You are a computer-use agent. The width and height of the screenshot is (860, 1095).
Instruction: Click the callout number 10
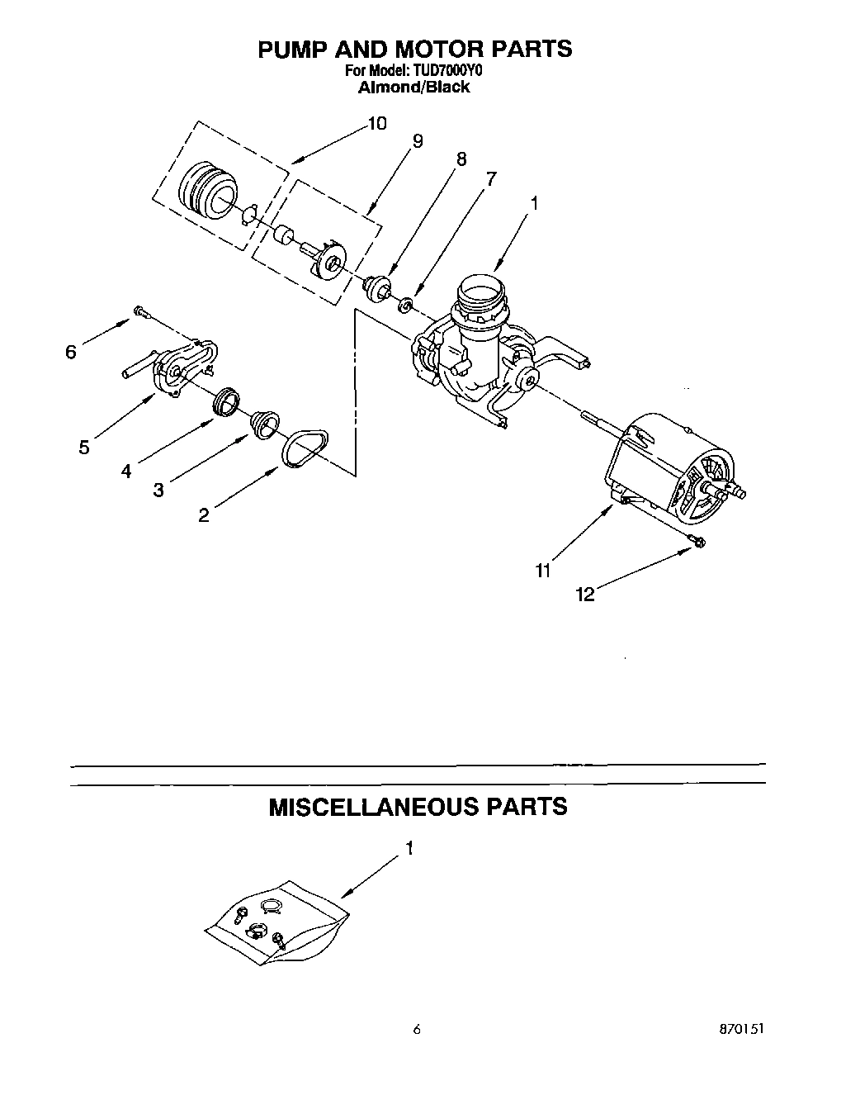coord(376,124)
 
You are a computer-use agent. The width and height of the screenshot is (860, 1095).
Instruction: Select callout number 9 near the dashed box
coord(417,141)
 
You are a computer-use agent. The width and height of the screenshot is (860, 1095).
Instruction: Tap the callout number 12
coord(584,595)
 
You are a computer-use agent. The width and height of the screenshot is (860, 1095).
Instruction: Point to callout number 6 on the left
coord(71,353)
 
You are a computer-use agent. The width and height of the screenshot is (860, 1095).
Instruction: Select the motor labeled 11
coord(673,472)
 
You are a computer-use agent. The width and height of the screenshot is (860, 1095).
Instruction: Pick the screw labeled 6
coord(140,312)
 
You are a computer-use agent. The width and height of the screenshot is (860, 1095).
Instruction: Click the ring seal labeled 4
coord(226,401)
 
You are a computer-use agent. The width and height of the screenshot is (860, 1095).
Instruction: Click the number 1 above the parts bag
coord(409,848)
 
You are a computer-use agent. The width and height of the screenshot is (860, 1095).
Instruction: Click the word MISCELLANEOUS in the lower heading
coord(363,806)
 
